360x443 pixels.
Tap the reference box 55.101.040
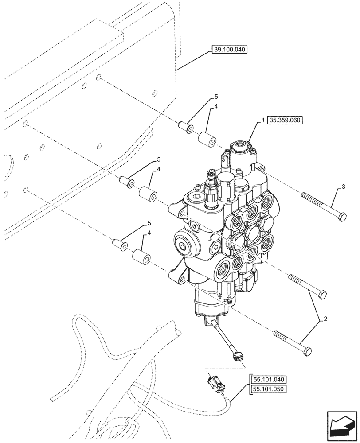click(269, 380)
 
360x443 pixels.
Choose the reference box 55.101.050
click(269, 389)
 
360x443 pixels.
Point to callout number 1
click(263, 120)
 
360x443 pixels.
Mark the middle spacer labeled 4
click(149, 194)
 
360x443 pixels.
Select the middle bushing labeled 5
click(126, 181)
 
